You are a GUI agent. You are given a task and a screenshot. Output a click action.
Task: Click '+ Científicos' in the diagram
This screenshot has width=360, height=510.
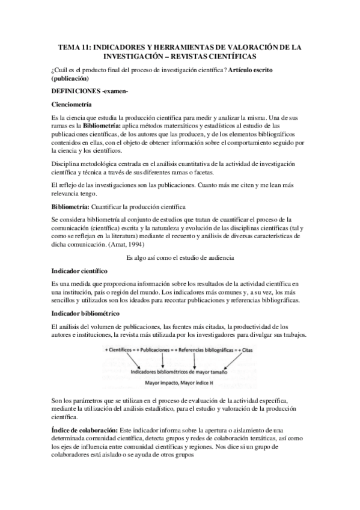[x=120, y=349]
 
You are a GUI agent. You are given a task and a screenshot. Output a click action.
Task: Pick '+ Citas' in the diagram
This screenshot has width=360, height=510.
[x=246, y=349]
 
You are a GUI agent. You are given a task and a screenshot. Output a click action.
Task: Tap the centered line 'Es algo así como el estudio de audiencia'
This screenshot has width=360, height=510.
[x=180, y=257]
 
